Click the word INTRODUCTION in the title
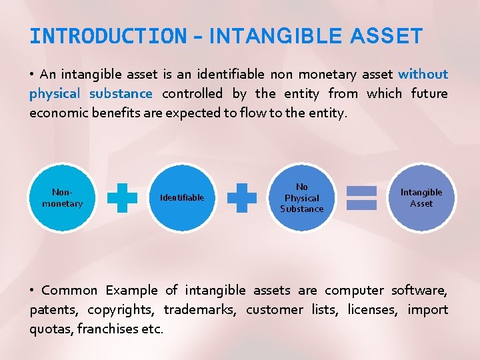coord(108,36)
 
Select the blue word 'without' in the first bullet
coord(423,74)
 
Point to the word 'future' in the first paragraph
coord(429,93)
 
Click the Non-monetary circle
coord(62,198)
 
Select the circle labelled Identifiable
coord(182,198)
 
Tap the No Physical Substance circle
coord(301,198)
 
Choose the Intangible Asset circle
coord(421,198)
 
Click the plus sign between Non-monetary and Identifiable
coord(122,198)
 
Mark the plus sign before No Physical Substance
coord(241,198)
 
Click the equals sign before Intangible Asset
coord(361,198)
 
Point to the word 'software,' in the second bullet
coord(419,290)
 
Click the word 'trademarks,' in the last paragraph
coord(200,309)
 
